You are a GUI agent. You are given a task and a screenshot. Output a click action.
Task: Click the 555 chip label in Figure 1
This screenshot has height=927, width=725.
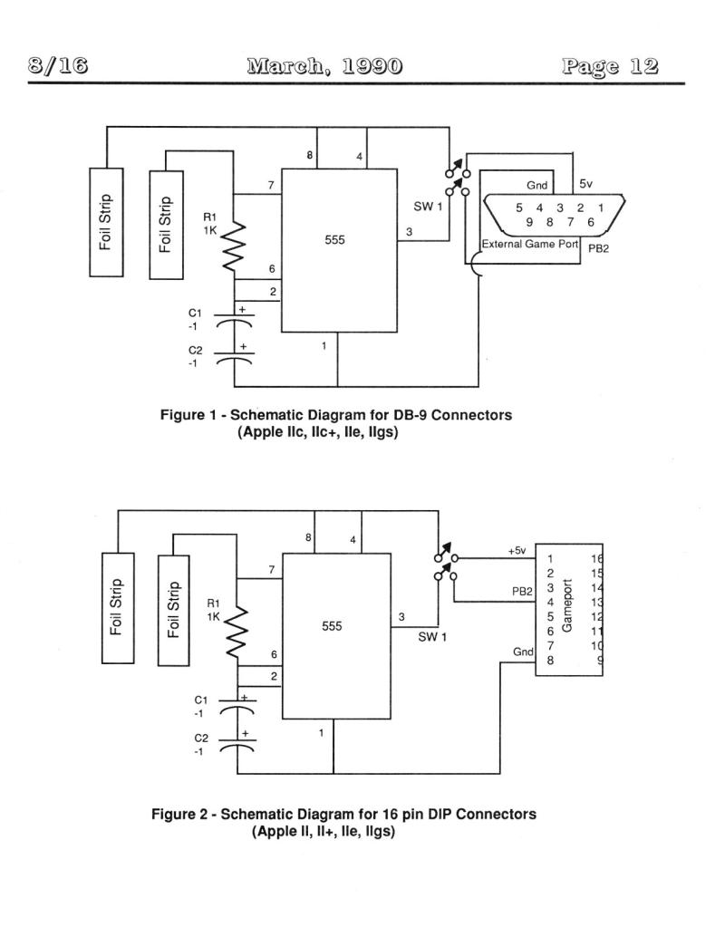(x=334, y=239)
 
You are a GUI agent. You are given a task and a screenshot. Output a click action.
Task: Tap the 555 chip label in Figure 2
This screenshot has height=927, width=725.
(x=332, y=626)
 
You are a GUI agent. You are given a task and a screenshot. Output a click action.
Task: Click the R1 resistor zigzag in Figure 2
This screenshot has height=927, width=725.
(x=236, y=632)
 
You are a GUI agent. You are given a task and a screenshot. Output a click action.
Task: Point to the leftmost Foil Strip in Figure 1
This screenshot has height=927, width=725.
(x=106, y=222)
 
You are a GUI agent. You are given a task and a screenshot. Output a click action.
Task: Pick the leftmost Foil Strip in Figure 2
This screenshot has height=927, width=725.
(x=118, y=608)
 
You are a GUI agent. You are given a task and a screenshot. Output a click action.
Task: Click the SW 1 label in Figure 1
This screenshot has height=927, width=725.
(x=428, y=207)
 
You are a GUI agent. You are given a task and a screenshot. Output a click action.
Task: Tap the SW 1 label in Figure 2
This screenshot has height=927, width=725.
(x=432, y=637)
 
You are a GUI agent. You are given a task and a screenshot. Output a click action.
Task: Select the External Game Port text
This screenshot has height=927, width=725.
(x=530, y=244)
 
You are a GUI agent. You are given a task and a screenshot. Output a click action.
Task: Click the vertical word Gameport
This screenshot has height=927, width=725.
(x=567, y=605)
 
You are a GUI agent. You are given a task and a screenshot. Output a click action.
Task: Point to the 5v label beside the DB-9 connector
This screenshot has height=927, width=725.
(x=585, y=184)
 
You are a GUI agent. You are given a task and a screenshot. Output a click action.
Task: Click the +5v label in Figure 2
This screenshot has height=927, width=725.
(x=517, y=550)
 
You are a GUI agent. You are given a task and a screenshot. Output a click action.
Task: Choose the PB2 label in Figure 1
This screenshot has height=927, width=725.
(x=598, y=248)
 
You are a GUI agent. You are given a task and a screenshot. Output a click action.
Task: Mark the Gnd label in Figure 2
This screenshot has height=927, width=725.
(x=523, y=652)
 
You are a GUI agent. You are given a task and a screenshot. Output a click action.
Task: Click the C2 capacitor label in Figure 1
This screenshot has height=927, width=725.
(x=195, y=351)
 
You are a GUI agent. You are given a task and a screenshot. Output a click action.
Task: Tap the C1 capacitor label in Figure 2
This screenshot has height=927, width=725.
(x=201, y=700)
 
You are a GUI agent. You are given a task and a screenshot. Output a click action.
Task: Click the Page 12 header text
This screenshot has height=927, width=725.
(x=610, y=65)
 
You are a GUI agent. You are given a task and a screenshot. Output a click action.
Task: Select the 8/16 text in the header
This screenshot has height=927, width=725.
(x=58, y=65)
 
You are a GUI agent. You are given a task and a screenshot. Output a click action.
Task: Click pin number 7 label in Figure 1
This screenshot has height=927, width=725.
(x=271, y=185)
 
